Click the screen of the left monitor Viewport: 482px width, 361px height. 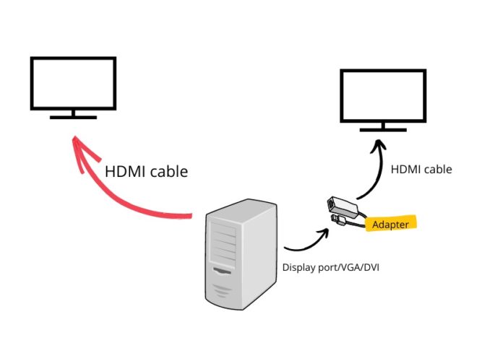coord(73,83)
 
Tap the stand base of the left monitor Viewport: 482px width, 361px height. coord(72,116)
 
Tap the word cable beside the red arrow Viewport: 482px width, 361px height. coord(170,172)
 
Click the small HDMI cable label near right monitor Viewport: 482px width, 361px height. coord(421,170)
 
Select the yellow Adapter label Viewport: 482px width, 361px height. coord(391,225)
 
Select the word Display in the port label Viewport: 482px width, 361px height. coord(297,267)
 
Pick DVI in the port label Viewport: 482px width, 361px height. coord(371,267)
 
